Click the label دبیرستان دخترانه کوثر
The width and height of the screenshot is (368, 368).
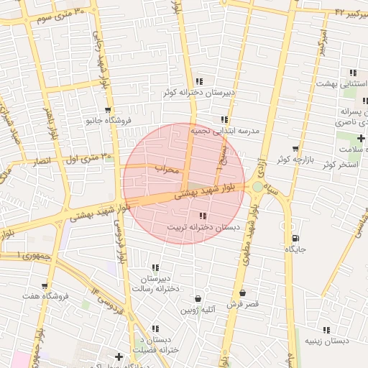coord(198,93)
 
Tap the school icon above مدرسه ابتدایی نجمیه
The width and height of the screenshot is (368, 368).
coord(225,120)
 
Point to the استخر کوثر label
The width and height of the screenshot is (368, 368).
coord(340,165)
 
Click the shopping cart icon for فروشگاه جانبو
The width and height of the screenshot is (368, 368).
coord(108,111)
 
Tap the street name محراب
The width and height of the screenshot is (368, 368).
coord(165,168)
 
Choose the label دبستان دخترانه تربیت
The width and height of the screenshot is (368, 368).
coord(203,227)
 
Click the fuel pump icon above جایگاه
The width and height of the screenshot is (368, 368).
coord(295,238)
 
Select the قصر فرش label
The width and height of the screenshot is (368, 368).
coord(242,304)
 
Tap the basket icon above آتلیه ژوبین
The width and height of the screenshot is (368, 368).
coord(198,298)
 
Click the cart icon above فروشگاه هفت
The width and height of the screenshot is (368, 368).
coord(45,285)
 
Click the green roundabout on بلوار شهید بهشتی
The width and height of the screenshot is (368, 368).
coord(257,188)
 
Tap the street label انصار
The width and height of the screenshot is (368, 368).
coord(44,162)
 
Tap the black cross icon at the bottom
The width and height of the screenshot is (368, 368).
coord(119,356)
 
